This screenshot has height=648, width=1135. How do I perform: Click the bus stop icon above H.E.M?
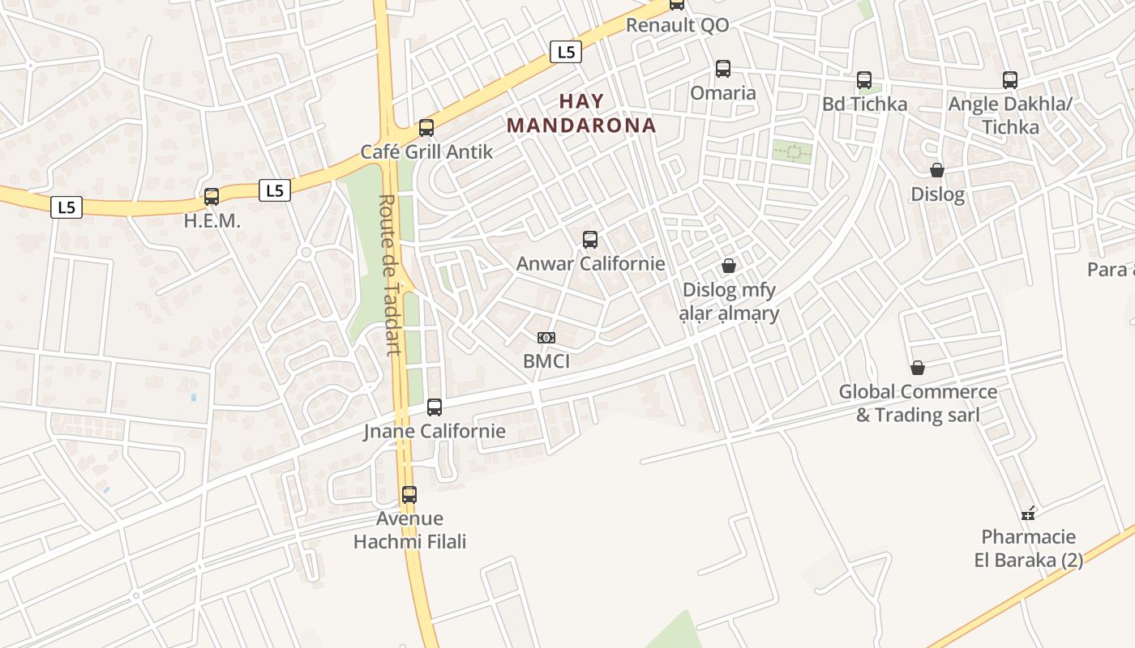pos(212,196)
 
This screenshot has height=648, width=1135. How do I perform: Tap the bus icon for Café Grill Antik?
pos(426,128)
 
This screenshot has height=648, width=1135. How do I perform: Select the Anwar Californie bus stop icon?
pos(590,240)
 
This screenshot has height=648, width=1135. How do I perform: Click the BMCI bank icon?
pos(546,338)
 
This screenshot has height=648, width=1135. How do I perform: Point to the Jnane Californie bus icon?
pos(435,407)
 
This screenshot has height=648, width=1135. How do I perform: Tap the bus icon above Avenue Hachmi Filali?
pos(409,495)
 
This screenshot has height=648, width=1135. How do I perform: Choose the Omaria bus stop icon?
pos(723,69)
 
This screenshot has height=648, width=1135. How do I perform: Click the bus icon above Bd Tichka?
pos(864,80)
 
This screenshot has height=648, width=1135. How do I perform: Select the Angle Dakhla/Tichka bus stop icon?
pos(1010,80)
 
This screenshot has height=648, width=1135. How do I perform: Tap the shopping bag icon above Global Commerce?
pos(918,369)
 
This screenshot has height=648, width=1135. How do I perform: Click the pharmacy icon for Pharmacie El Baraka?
pos(1028,514)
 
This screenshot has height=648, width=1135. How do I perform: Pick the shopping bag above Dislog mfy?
pos(729,266)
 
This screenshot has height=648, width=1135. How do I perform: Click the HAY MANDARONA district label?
pos(581,113)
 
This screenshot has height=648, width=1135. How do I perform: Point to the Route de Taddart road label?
pos(391,275)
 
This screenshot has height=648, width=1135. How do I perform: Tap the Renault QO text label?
pos(678,25)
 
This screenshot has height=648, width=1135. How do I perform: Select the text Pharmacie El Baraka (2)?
pos(1029,548)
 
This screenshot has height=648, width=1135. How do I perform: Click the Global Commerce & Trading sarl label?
pos(918,403)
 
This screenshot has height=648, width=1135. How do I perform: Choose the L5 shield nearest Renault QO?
pos(566,52)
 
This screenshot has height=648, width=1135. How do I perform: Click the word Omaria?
pos(723,92)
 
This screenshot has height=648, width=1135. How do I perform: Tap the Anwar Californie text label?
pos(590,263)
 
